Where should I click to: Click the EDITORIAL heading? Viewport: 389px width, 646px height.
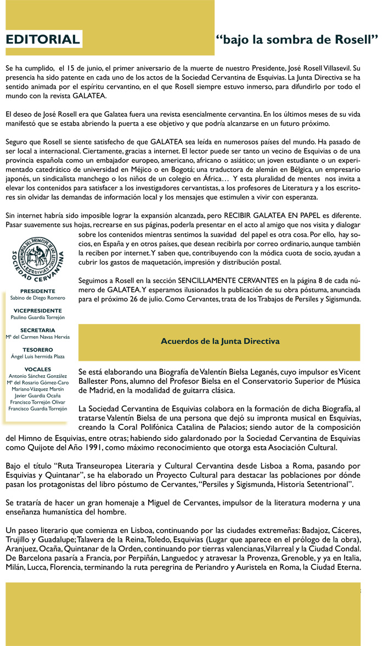click(x=43, y=39)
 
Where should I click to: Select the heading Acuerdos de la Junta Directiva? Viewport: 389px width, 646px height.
click(x=220, y=341)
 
